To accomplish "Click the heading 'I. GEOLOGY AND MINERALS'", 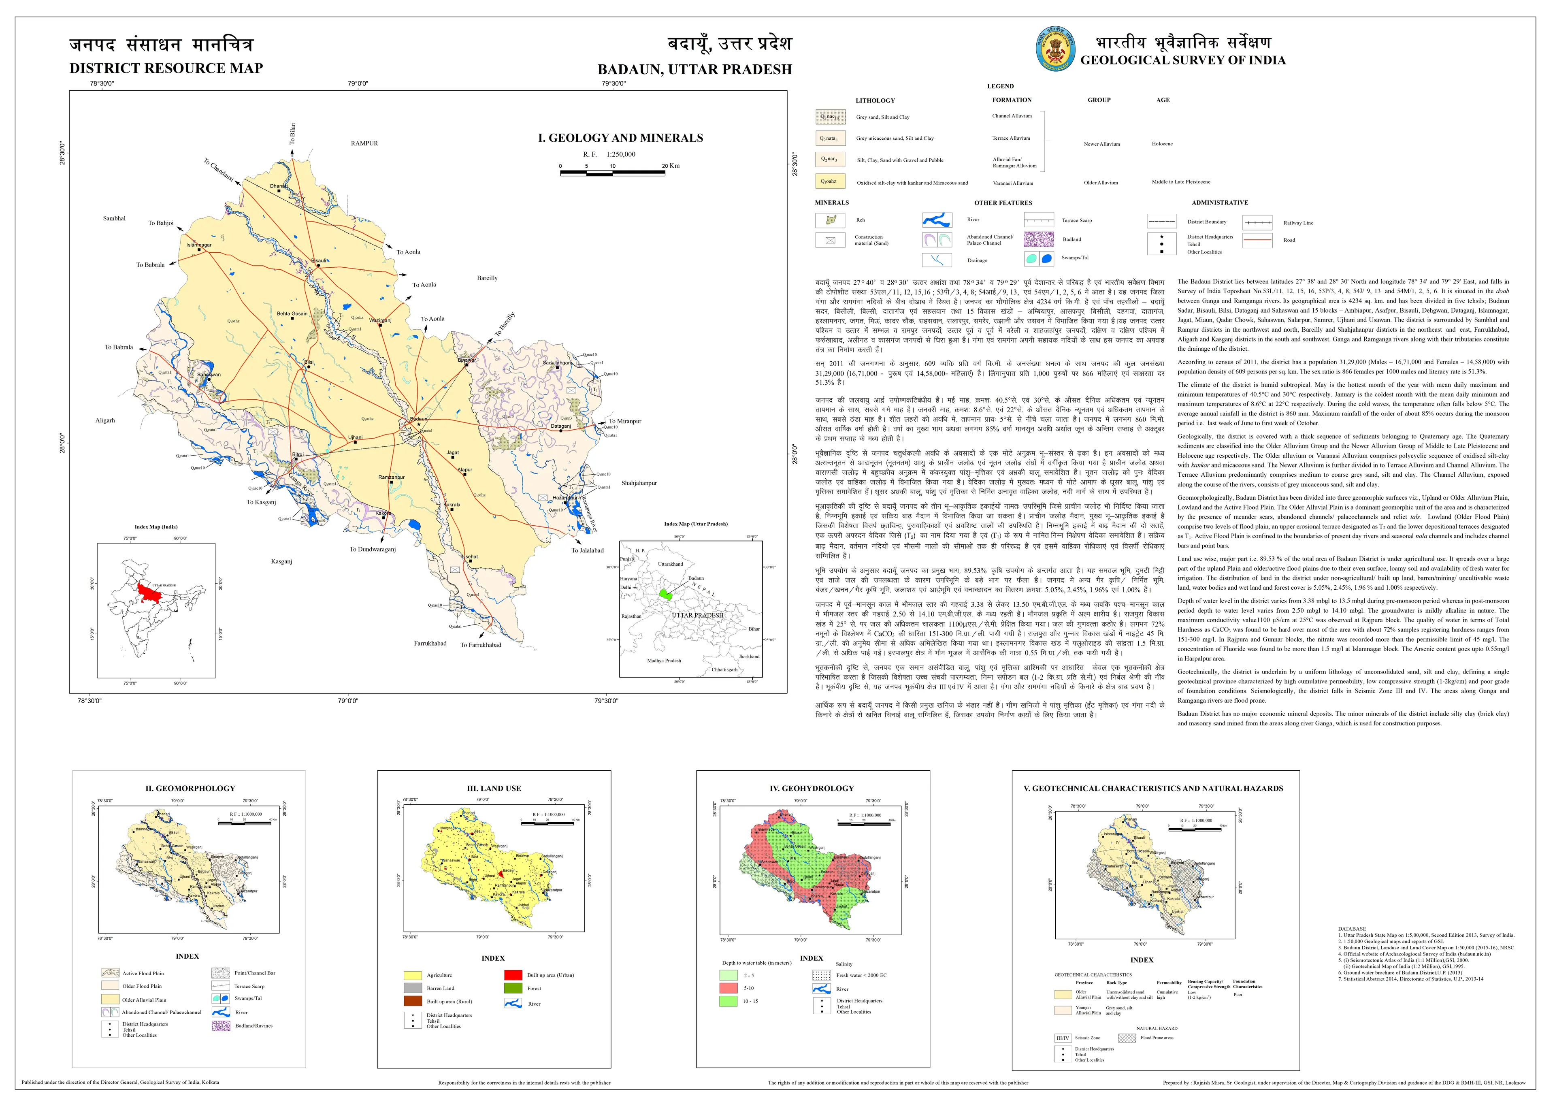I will click(x=620, y=138).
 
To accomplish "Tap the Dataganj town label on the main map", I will click(x=560, y=426).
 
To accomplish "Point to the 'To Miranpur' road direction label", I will click(x=624, y=421).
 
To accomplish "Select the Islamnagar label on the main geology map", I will click(x=199, y=245).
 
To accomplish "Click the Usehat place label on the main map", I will click(x=470, y=557).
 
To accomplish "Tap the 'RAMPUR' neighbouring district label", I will click(x=364, y=144).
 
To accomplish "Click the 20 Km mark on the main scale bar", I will click(x=671, y=166).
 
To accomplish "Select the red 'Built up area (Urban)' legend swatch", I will click(x=513, y=975).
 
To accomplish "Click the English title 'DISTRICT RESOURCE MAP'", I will click(x=166, y=68).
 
